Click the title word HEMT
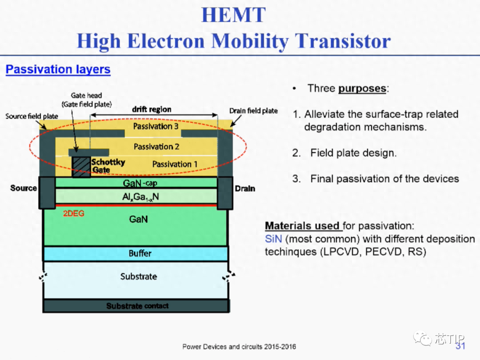(234, 15)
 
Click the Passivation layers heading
(58, 69)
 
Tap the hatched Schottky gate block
(81, 167)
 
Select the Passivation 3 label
(156, 126)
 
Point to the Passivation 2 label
(156, 147)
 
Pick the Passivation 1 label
(175, 164)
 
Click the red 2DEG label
(73, 214)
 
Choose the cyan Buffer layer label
(140, 253)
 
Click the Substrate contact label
(137, 306)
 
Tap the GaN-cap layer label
(140, 183)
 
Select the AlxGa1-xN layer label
(140, 197)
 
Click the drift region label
(152, 109)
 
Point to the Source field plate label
(32, 116)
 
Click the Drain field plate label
(253, 111)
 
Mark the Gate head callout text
(87, 100)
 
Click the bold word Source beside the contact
(24, 188)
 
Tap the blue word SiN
(273, 239)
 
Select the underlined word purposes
(362, 89)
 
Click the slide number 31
(460, 346)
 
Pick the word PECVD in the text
(383, 252)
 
